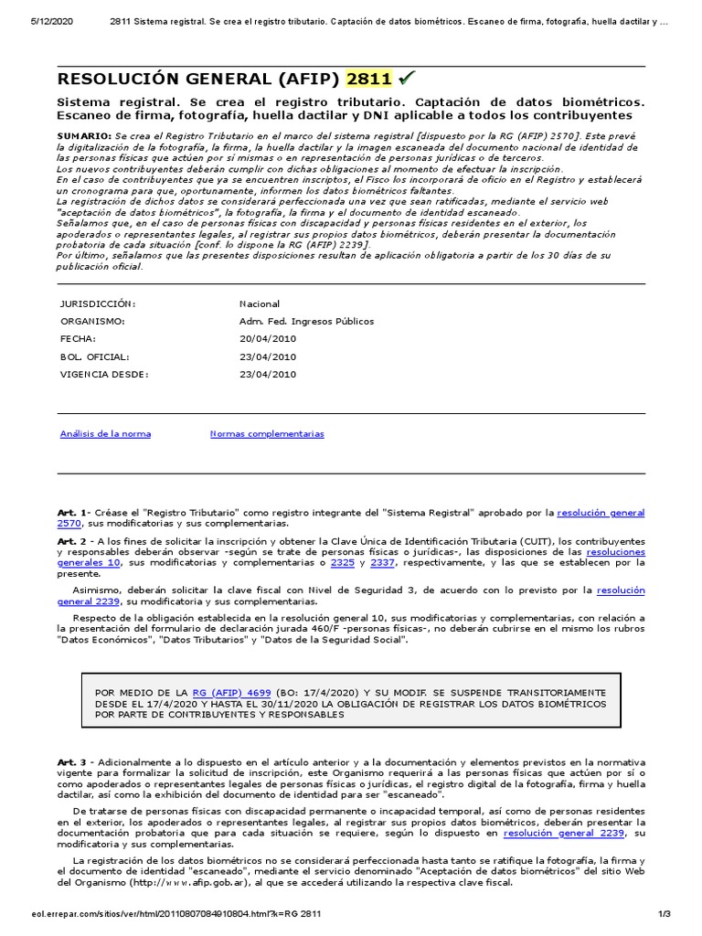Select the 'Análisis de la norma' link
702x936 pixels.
[105, 433]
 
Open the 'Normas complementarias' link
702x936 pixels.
[267, 433]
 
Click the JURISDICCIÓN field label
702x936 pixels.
[98, 303]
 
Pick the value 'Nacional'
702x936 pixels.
[260, 303]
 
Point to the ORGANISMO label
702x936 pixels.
[91, 321]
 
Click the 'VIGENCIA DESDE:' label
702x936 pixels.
[103, 374]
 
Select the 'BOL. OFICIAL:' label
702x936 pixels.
[94, 356]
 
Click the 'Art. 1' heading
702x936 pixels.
[72, 513]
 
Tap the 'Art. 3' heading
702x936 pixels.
[72, 761]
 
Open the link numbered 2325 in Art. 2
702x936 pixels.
[342, 563]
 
